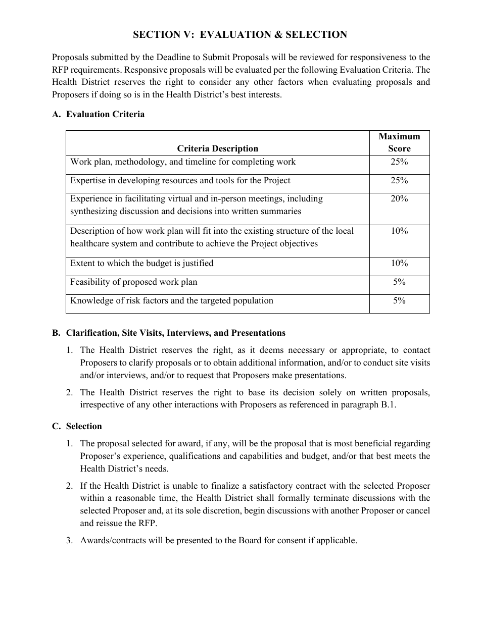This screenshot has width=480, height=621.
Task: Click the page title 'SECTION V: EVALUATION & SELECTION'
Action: (x=240, y=35)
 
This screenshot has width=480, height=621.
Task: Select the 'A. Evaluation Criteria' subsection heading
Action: (x=98, y=114)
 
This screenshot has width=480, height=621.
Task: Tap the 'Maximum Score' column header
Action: (x=399, y=142)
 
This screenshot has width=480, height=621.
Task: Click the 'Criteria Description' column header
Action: (x=217, y=148)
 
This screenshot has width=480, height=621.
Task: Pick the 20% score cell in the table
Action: (x=399, y=199)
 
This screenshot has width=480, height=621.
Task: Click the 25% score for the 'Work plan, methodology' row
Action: (x=399, y=162)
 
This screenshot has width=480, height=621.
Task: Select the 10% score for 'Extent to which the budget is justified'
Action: (x=399, y=264)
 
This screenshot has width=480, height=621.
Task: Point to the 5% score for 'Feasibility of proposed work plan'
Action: (x=399, y=282)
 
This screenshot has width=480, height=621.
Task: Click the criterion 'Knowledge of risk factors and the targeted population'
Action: (x=172, y=301)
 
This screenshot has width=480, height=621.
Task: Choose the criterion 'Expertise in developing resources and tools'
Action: (x=180, y=181)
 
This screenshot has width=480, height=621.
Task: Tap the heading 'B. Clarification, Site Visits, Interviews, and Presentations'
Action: (x=169, y=333)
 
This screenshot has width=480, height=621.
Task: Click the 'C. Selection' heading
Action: (x=77, y=427)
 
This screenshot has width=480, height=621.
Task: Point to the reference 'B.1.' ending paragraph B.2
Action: (x=388, y=405)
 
